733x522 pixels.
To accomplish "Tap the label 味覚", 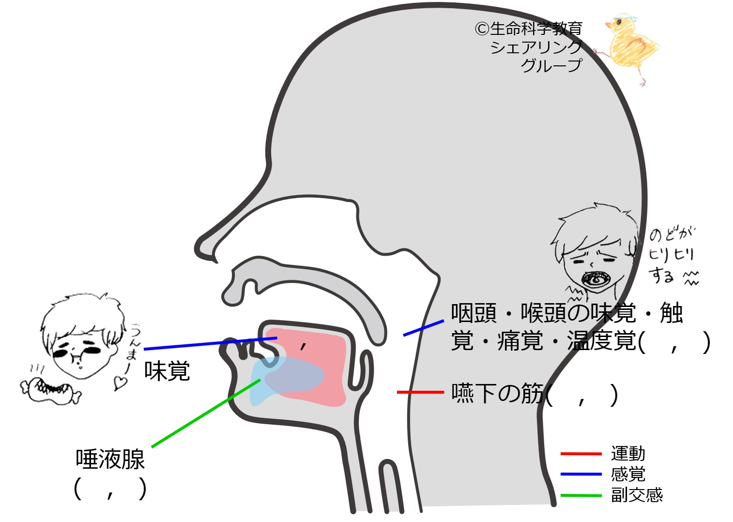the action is point(167,371).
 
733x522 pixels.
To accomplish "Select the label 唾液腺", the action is point(110,459).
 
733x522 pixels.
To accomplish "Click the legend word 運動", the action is point(628,454).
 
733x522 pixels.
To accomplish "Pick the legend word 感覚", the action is point(628,474).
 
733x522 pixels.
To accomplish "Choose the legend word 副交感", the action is point(637,495).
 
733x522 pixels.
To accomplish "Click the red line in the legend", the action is point(581,454).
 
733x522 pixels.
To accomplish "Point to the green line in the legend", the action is point(581,495).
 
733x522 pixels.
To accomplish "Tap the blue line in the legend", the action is point(581,474).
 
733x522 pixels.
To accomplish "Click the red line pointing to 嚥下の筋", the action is point(421,392).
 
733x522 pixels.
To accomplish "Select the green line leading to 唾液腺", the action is point(206,413).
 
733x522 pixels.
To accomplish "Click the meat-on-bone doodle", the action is point(51,391).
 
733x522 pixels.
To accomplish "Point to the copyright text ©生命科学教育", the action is point(529,29).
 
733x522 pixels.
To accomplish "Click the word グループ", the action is point(552,65).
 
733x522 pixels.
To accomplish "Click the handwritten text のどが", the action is point(672,234).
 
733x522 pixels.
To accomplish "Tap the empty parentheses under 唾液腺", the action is point(110,489).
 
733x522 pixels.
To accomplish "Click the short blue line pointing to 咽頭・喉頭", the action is point(424,328).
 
